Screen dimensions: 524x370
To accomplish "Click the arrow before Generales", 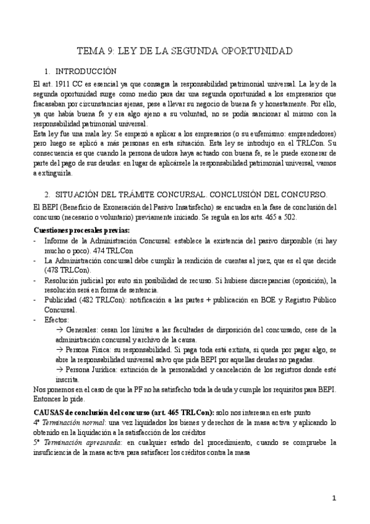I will [59, 331].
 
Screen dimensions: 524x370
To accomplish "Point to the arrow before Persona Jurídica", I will [59, 370].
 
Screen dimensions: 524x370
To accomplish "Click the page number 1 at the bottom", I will [334, 498].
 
